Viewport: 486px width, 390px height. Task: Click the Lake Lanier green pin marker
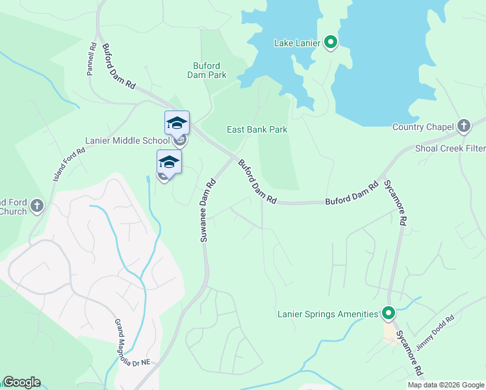click(x=330, y=43)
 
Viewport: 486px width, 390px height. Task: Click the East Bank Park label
click(x=257, y=129)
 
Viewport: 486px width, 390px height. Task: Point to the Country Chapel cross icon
click(x=463, y=126)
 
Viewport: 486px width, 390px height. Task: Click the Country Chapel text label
click(x=423, y=127)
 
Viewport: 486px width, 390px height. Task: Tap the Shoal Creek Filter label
click(x=450, y=148)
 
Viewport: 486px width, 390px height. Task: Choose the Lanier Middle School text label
click(x=127, y=140)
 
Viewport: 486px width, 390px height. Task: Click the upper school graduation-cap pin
click(x=177, y=123)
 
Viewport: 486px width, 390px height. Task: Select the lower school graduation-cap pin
click(x=169, y=162)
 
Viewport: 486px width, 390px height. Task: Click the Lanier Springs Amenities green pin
click(x=389, y=314)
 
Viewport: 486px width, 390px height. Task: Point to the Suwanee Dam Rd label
click(x=205, y=211)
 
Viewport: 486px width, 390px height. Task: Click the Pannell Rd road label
click(x=92, y=59)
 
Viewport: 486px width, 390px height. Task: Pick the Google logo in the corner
click(x=21, y=382)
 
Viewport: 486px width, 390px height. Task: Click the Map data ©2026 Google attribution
click(x=446, y=385)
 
